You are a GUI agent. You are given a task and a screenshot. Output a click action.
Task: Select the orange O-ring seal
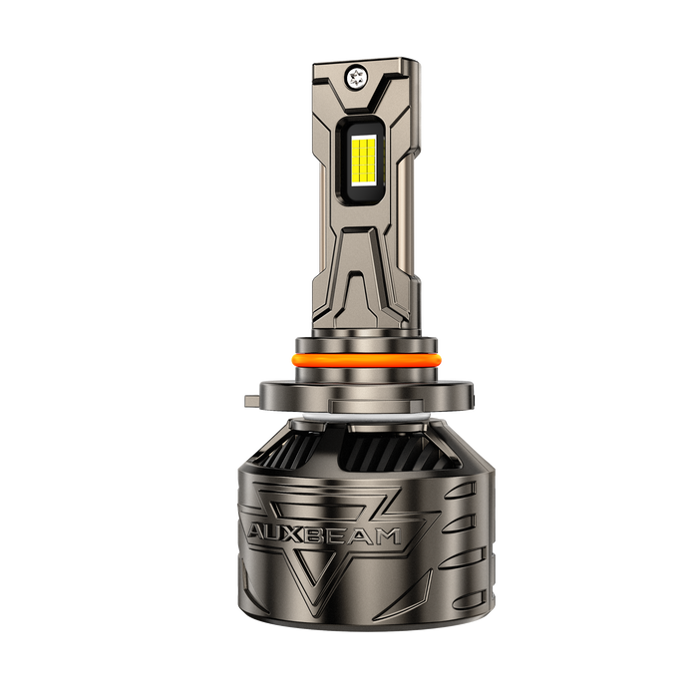pyautogui.click(x=366, y=359)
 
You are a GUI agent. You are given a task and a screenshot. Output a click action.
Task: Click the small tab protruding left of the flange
pyautogui.click(x=252, y=400)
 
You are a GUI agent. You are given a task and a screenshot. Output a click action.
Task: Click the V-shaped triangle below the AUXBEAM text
pyautogui.click(x=315, y=569)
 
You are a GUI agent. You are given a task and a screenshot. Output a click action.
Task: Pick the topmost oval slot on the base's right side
pyautogui.click(x=461, y=491)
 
